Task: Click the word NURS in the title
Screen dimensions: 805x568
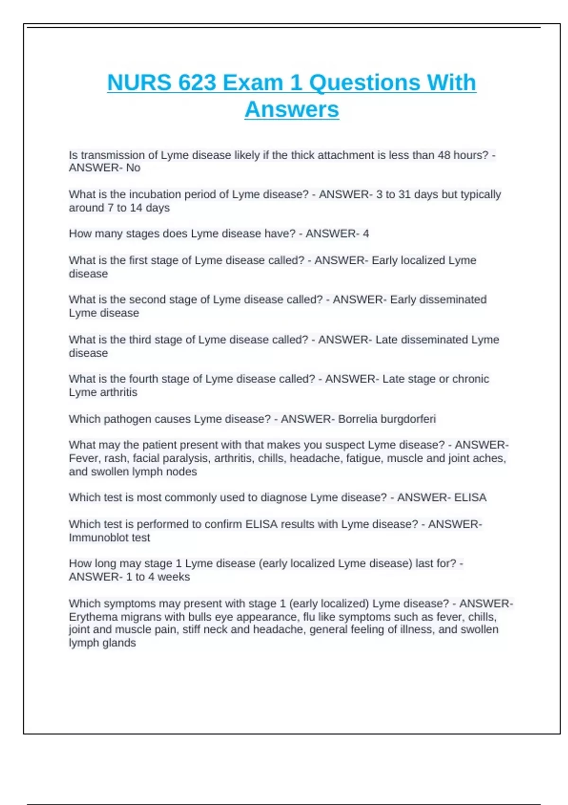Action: pyautogui.click(x=139, y=82)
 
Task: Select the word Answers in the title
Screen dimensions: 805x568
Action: pyautogui.click(x=292, y=109)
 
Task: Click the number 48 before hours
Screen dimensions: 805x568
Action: pyautogui.click(x=444, y=155)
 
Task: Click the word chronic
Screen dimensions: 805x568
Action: pyautogui.click(x=470, y=379)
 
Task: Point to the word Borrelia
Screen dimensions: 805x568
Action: pyautogui.click(x=357, y=419)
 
